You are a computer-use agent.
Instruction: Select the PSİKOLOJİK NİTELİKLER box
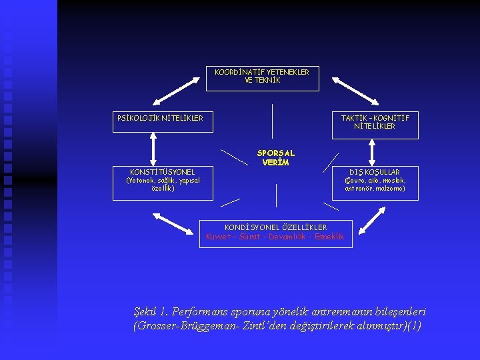coord(160,118)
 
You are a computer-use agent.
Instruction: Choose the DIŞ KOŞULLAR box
coord(375,181)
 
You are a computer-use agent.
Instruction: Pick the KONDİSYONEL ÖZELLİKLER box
coord(275,232)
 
